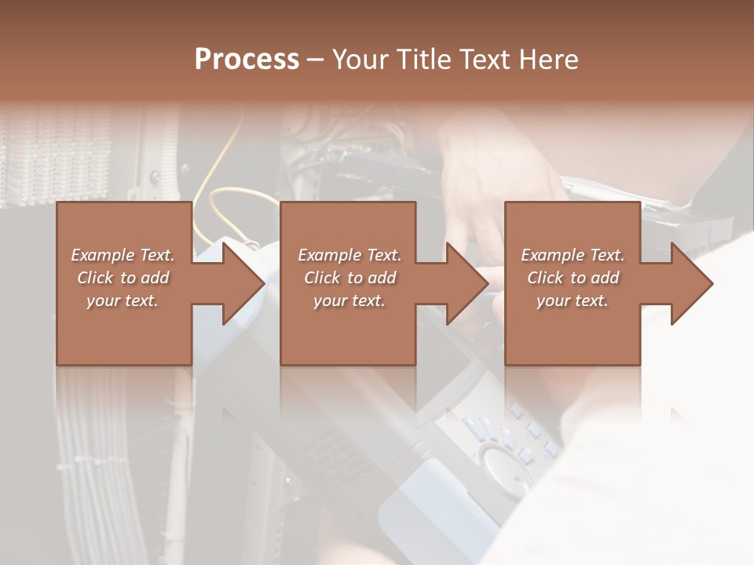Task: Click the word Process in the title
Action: pos(247,60)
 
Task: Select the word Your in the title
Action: pos(361,60)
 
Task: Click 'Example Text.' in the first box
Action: pos(123,255)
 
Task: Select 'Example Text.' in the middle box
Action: pos(350,255)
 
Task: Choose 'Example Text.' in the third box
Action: pos(573,255)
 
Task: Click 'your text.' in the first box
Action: pos(123,301)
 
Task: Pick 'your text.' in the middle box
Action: pos(350,301)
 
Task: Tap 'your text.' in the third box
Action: pos(573,301)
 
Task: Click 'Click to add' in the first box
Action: pos(123,278)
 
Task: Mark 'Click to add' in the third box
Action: pos(573,278)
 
